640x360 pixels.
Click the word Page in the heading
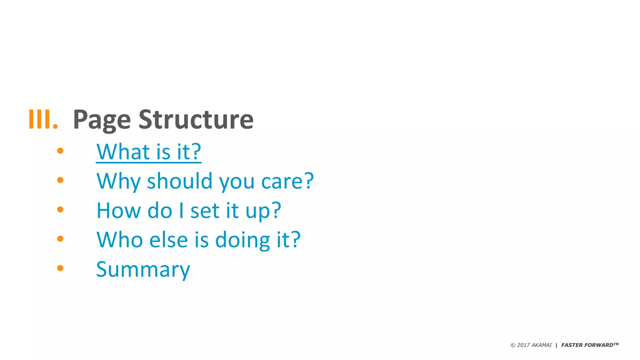[x=102, y=120]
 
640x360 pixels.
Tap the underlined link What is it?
[x=149, y=152]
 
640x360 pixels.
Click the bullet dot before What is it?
[x=60, y=151]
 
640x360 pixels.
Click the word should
[x=180, y=181]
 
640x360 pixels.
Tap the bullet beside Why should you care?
[x=60, y=180]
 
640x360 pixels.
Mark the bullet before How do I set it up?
[x=60, y=209]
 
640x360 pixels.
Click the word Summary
[x=143, y=269]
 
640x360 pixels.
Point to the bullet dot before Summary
[x=60, y=268]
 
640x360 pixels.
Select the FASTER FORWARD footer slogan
[x=589, y=345]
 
